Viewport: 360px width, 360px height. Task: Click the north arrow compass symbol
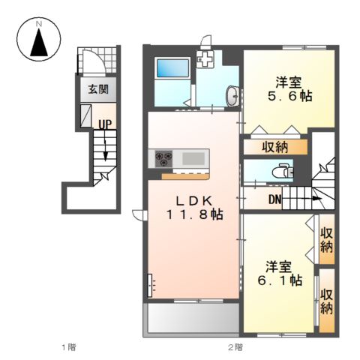click(39, 39)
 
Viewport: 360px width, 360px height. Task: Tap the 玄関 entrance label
click(98, 89)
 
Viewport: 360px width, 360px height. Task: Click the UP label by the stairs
click(105, 124)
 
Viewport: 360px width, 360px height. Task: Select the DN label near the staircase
click(275, 199)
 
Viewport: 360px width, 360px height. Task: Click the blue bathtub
click(172, 67)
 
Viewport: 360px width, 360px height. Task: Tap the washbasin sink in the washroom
click(232, 96)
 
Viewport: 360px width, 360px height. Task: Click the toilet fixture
click(283, 170)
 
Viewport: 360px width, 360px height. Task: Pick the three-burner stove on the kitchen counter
click(164, 159)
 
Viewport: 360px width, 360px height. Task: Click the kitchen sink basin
click(193, 158)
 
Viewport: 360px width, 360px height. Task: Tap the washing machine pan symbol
click(205, 58)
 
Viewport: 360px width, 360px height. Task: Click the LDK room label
click(194, 200)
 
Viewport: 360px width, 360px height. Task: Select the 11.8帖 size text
click(194, 214)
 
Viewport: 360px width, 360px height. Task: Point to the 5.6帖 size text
click(290, 96)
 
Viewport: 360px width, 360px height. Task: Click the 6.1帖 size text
click(280, 280)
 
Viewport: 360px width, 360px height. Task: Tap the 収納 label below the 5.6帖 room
click(274, 147)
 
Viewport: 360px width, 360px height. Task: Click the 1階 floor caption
click(69, 347)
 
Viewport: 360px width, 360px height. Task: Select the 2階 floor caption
click(235, 347)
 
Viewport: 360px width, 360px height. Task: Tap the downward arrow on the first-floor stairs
click(106, 151)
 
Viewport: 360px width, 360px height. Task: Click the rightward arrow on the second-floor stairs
click(308, 199)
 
